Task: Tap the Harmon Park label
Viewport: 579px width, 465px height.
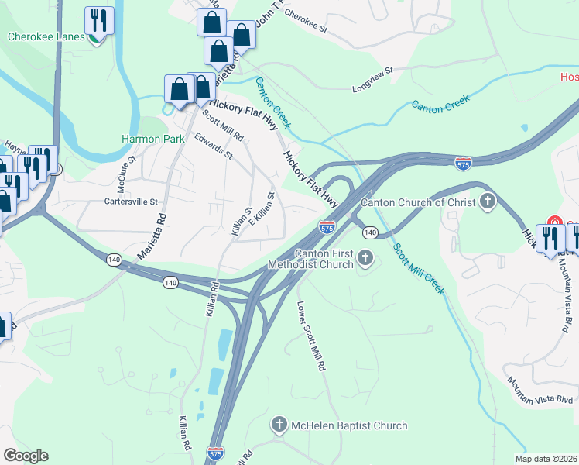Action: (x=153, y=139)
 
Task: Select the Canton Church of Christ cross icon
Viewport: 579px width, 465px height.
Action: (x=487, y=202)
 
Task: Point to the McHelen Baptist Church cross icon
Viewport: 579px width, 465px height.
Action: (x=279, y=425)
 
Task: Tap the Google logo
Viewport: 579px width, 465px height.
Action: (x=26, y=456)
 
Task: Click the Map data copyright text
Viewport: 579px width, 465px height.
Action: (x=546, y=459)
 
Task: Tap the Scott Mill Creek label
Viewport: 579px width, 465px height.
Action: (x=418, y=269)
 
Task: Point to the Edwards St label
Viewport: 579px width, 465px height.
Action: (x=214, y=145)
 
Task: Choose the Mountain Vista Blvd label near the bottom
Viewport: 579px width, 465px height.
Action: (x=539, y=391)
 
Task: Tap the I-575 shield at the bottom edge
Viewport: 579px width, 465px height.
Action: (x=216, y=451)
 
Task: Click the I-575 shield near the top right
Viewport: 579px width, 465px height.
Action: (x=463, y=164)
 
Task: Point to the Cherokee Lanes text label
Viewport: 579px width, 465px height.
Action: (x=46, y=36)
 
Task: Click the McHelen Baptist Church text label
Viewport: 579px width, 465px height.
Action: (x=348, y=425)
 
